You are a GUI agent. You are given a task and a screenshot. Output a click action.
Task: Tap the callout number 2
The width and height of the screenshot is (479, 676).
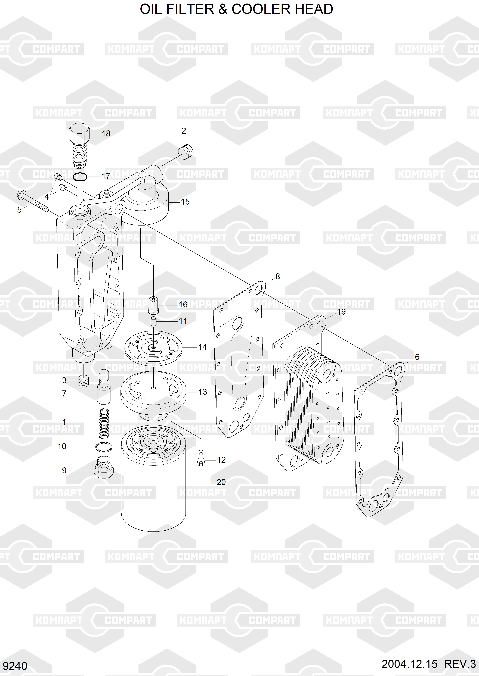pos(184,131)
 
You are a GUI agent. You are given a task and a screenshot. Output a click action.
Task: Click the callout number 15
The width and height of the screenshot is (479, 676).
pos(185,202)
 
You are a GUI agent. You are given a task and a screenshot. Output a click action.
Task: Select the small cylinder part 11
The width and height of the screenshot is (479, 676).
pos(153,321)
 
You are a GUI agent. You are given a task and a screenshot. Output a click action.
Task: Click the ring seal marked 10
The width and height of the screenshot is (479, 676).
pos(104,447)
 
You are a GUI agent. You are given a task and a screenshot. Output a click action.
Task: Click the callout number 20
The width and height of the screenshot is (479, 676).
pos(221,482)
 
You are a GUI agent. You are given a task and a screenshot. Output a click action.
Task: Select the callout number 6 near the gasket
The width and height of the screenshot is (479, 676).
pos(417,357)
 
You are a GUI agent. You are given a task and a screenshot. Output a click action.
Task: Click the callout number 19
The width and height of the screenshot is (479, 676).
pos(341,312)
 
